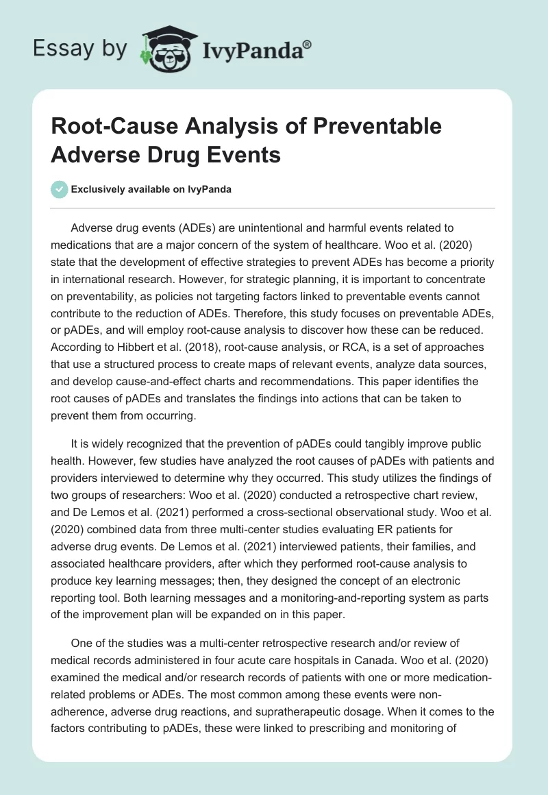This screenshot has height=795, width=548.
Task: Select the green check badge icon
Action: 60,189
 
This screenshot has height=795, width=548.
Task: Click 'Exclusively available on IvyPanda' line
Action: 151,189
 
